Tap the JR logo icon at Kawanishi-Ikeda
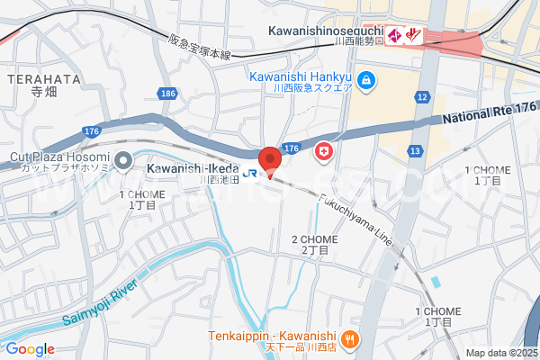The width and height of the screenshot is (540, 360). (x=252, y=172)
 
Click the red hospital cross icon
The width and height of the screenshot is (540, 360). (x=322, y=154)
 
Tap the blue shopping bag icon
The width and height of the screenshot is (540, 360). (x=365, y=82)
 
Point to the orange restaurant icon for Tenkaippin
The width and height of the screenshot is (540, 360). (x=350, y=339)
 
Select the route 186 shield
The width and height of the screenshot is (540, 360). (x=167, y=93)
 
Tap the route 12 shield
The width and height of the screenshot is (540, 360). (x=421, y=96)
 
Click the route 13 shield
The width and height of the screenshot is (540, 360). (x=415, y=150)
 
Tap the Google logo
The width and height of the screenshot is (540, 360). (x=30, y=348)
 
